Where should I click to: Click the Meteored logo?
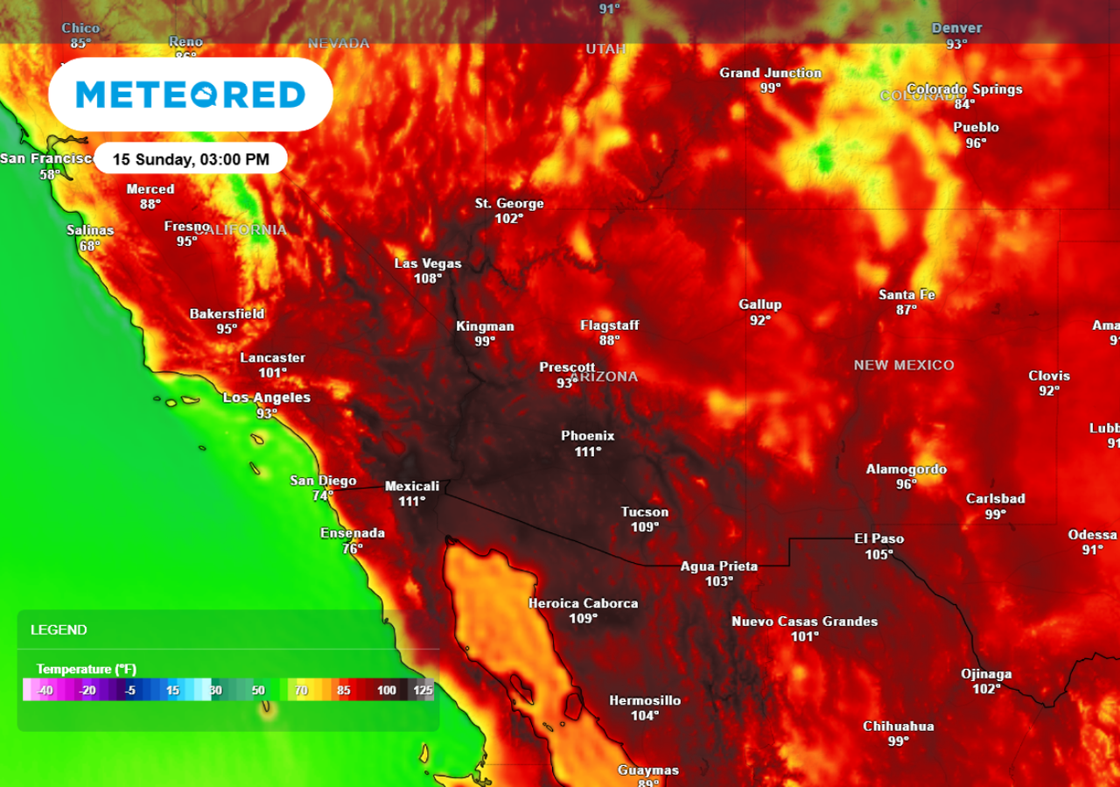(x=190, y=95)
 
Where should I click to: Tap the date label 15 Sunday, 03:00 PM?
(x=190, y=159)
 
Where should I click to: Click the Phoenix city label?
(x=588, y=436)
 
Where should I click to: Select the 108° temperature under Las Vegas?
(x=428, y=278)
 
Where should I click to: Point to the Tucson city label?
(x=645, y=512)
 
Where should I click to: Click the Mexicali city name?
(x=412, y=486)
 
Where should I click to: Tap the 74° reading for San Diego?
(x=323, y=495)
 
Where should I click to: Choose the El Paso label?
(x=879, y=539)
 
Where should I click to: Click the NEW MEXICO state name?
(x=904, y=365)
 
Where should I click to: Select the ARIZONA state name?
(x=605, y=377)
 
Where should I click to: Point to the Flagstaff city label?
(x=610, y=326)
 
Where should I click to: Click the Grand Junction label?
(x=771, y=73)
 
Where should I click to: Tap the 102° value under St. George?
(x=509, y=219)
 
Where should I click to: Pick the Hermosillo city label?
(x=645, y=700)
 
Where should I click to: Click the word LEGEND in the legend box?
(x=59, y=630)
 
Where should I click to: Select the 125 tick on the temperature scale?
(x=424, y=691)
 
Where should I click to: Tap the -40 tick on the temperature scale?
(x=45, y=691)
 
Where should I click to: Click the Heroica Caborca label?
(x=584, y=603)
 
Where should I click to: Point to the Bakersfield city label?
(x=227, y=314)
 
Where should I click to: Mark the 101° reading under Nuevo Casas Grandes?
(x=805, y=636)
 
